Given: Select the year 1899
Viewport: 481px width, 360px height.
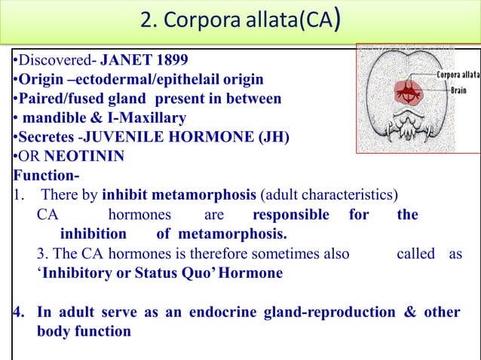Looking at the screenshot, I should tap(168, 60).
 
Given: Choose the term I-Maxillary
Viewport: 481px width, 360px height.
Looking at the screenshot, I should tap(142, 118).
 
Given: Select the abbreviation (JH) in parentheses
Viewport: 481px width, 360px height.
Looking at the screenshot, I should tap(241, 138).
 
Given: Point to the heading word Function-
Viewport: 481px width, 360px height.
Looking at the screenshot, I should tap(41, 176).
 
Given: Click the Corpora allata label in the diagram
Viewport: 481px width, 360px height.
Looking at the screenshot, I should tap(457, 76).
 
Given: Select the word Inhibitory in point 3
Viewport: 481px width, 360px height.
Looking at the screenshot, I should tap(75, 273).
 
